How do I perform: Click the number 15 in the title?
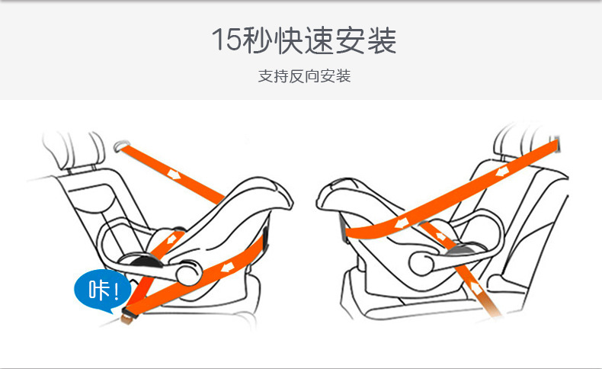point(226,40)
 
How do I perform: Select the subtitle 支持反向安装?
point(305,76)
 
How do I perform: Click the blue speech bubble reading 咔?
point(102,290)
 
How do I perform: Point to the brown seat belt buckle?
point(129,316)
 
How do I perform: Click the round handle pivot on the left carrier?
point(189,273)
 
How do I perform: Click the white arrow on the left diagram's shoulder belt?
point(174,175)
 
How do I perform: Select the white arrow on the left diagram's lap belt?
point(228,266)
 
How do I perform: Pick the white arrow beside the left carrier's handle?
point(171,239)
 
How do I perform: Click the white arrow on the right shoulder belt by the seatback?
point(502,172)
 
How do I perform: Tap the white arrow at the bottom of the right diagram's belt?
point(476,288)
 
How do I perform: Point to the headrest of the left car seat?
point(74,149)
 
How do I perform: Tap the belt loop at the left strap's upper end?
point(121,146)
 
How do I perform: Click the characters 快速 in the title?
point(305,40)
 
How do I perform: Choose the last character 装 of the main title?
point(382,40)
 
